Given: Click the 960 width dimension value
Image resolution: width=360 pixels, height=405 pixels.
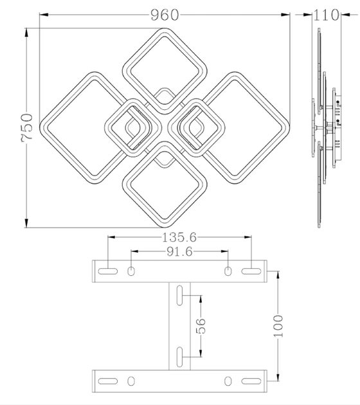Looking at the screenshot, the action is pyautogui.click(x=165, y=15).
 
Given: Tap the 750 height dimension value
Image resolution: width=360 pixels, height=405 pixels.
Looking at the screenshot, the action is pyautogui.click(x=27, y=127).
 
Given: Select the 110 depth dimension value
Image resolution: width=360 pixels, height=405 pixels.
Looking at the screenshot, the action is pyautogui.click(x=326, y=15).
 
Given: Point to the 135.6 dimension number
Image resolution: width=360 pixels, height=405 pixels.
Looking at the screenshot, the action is pyautogui.click(x=179, y=237).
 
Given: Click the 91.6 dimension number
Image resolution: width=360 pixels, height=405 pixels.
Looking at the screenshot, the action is pyautogui.click(x=179, y=251).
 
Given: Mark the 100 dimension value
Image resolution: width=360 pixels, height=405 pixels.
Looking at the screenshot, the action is pyautogui.click(x=278, y=326).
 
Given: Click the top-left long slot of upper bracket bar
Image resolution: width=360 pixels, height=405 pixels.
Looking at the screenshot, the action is pyautogui.click(x=108, y=271).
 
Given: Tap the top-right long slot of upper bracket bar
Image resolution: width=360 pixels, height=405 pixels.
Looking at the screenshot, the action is pyautogui.click(x=251, y=271).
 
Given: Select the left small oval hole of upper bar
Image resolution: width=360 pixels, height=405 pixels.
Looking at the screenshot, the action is pyautogui.click(x=131, y=271).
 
